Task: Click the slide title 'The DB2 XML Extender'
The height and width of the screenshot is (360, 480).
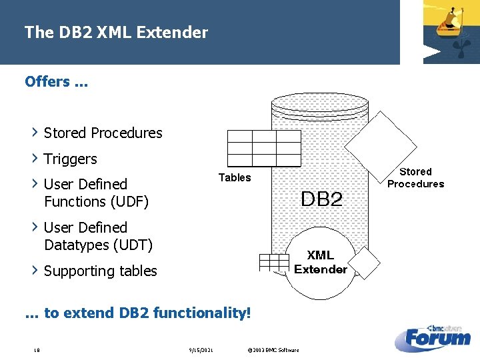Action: (116, 32)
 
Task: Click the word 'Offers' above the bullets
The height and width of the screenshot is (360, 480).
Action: (47, 81)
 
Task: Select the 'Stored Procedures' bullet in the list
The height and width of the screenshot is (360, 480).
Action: (103, 133)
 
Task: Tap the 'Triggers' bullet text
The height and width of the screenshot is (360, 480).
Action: (70, 159)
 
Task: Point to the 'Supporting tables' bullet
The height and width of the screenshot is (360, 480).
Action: (100, 271)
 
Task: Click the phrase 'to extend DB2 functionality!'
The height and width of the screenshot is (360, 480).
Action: (147, 312)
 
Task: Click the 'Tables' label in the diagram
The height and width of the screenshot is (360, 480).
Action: (235, 177)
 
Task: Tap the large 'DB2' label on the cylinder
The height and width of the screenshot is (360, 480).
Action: (321, 199)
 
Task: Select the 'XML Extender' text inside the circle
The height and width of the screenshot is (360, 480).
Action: (321, 262)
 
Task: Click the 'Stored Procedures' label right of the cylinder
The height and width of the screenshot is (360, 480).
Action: (415, 177)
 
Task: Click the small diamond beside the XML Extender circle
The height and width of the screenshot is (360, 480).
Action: (364, 263)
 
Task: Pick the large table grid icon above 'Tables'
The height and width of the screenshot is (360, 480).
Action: (264, 148)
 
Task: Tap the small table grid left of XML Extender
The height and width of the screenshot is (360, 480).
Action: (274, 262)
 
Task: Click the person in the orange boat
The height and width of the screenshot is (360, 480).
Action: (455, 14)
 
